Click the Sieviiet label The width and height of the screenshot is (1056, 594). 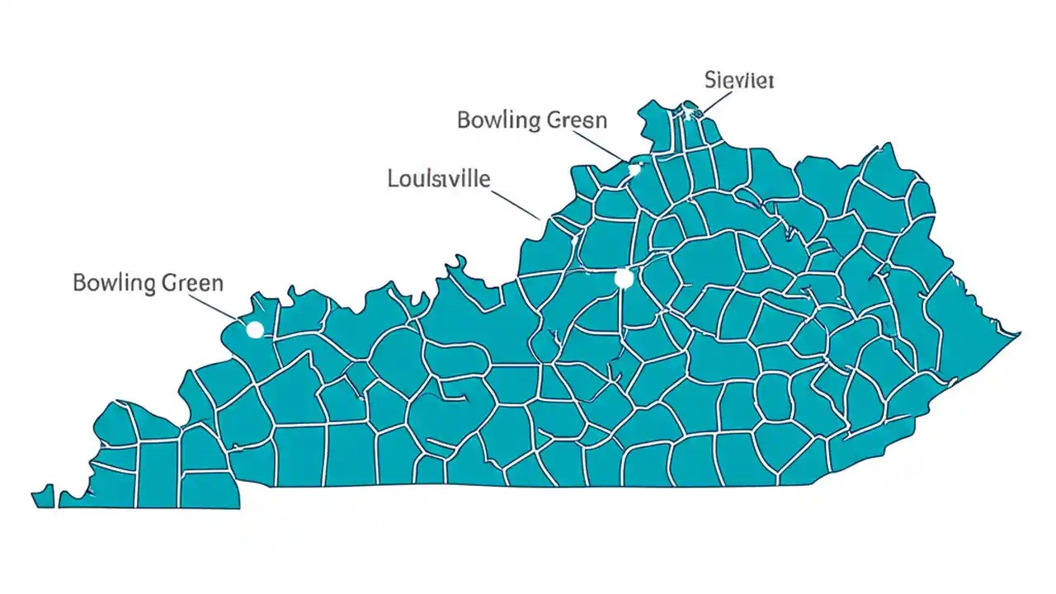[x=739, y=80]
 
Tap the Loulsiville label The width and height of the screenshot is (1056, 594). [x=439, y=178]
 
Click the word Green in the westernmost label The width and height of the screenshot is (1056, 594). [x=192, y=284]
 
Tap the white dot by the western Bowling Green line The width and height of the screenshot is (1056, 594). [x=255, y=330]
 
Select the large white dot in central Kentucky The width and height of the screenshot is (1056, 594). [x=624, y=279]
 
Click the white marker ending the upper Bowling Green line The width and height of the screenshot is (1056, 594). [x=634, y=169]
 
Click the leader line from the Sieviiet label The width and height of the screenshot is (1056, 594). [x=714, y=101]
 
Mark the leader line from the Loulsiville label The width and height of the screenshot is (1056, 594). [x=516, y=203]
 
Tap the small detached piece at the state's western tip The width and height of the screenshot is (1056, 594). [x=43, y=496]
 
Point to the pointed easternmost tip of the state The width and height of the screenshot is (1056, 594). [x=1019, y=334]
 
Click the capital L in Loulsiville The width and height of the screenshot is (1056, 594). [x=393, y=178]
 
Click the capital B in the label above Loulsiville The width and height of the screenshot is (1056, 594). [x=464, y=120]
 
